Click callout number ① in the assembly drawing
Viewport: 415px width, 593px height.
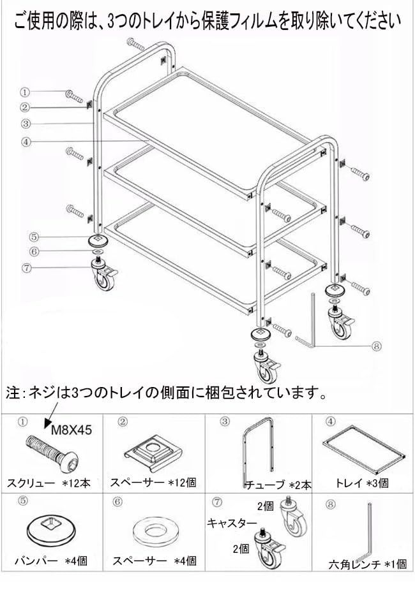[25, 92]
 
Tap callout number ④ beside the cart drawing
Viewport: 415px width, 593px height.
[25, 142]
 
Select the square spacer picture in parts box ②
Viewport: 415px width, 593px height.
[153, 450]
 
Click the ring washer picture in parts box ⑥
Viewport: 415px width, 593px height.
[153, 531]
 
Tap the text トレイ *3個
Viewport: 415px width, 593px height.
[362, 483]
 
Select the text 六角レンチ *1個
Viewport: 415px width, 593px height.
[362, 564]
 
